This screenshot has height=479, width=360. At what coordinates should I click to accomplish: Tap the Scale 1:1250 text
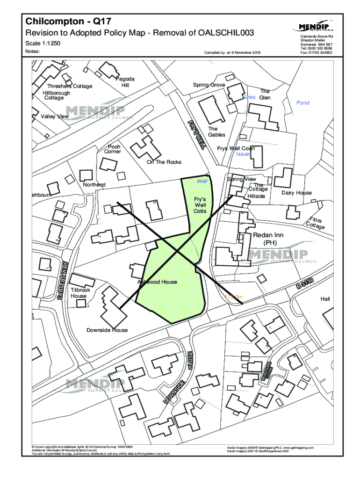(43, 44)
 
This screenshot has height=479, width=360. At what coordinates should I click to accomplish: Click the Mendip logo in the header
(316, 26)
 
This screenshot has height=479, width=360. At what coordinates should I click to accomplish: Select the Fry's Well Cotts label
(200, 205)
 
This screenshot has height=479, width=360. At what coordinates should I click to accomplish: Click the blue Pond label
(303, 102)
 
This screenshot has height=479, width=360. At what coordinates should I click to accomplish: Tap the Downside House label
(107, 330)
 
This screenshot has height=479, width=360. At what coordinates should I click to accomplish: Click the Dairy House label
(296, 193)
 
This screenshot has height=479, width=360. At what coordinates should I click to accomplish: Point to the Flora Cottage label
(315, 223)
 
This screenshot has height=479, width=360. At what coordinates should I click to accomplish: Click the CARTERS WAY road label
(64, 281)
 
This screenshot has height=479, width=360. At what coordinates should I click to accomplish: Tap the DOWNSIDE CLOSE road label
(178, 379)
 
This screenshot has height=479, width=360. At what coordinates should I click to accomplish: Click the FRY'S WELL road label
(197, 134)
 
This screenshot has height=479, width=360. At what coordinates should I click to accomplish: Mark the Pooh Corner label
(113, 149)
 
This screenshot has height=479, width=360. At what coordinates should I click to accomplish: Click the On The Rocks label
(164, 162)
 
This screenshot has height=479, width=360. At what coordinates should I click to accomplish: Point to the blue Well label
(202, 181)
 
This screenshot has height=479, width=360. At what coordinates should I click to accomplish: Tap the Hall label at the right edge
(325, 298)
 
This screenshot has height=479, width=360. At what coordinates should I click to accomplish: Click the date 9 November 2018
(246, 53)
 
